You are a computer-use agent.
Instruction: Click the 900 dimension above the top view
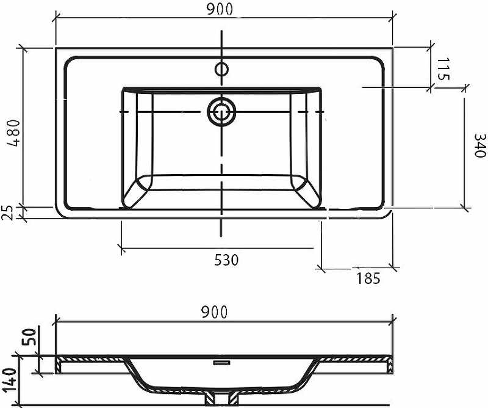pos(220,10)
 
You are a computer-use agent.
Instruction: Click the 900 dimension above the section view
pos(215,312)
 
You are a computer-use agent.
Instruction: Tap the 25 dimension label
pos(7,213)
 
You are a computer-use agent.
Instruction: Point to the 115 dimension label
pos(443,69)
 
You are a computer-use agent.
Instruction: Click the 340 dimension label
pos(479,145)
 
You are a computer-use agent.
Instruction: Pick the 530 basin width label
pos(226,260)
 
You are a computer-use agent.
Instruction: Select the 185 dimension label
pos(368,279)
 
